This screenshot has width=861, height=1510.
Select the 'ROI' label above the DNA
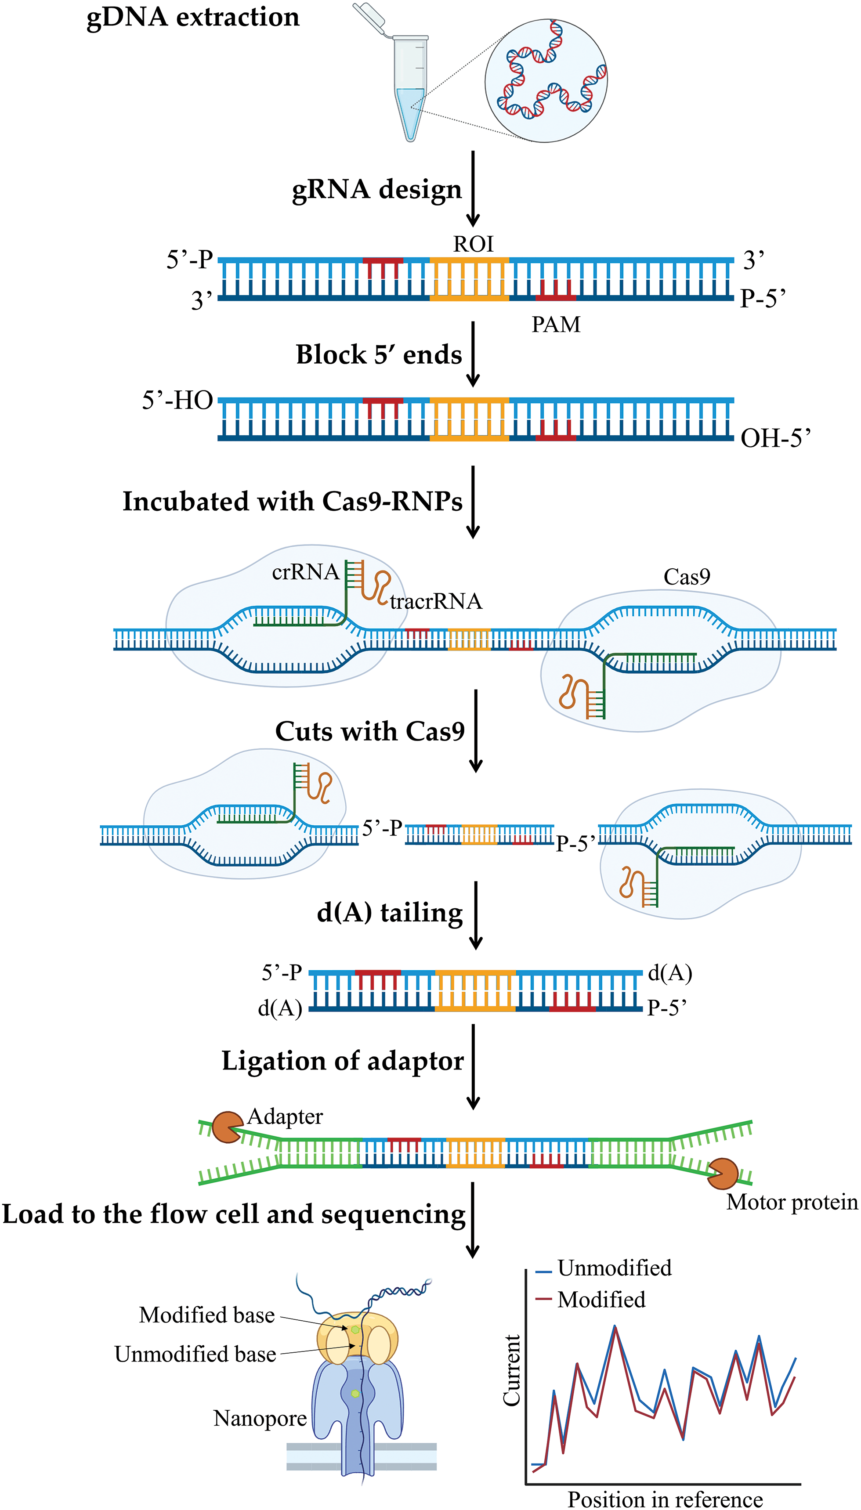click(x=473, y=244)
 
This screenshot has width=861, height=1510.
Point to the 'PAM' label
click(x=556, y=325)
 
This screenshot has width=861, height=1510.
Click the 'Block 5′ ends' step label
click(x=379, y=355)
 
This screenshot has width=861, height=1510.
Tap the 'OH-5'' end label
click(x=776, y=438)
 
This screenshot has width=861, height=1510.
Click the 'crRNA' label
click(x=306, y=572)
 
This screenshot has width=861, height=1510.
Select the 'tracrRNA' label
click(x=436, y=601)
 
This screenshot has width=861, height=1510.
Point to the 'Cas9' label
click(x=687, y=576)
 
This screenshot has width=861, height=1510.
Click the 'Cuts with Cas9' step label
click(x=370, y=731)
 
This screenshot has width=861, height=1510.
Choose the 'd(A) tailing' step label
click(x=390, y=912)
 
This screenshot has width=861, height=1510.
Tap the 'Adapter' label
click(x=285, y=1116)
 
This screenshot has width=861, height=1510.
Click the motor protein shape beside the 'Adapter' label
click(x=228, y=1127)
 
